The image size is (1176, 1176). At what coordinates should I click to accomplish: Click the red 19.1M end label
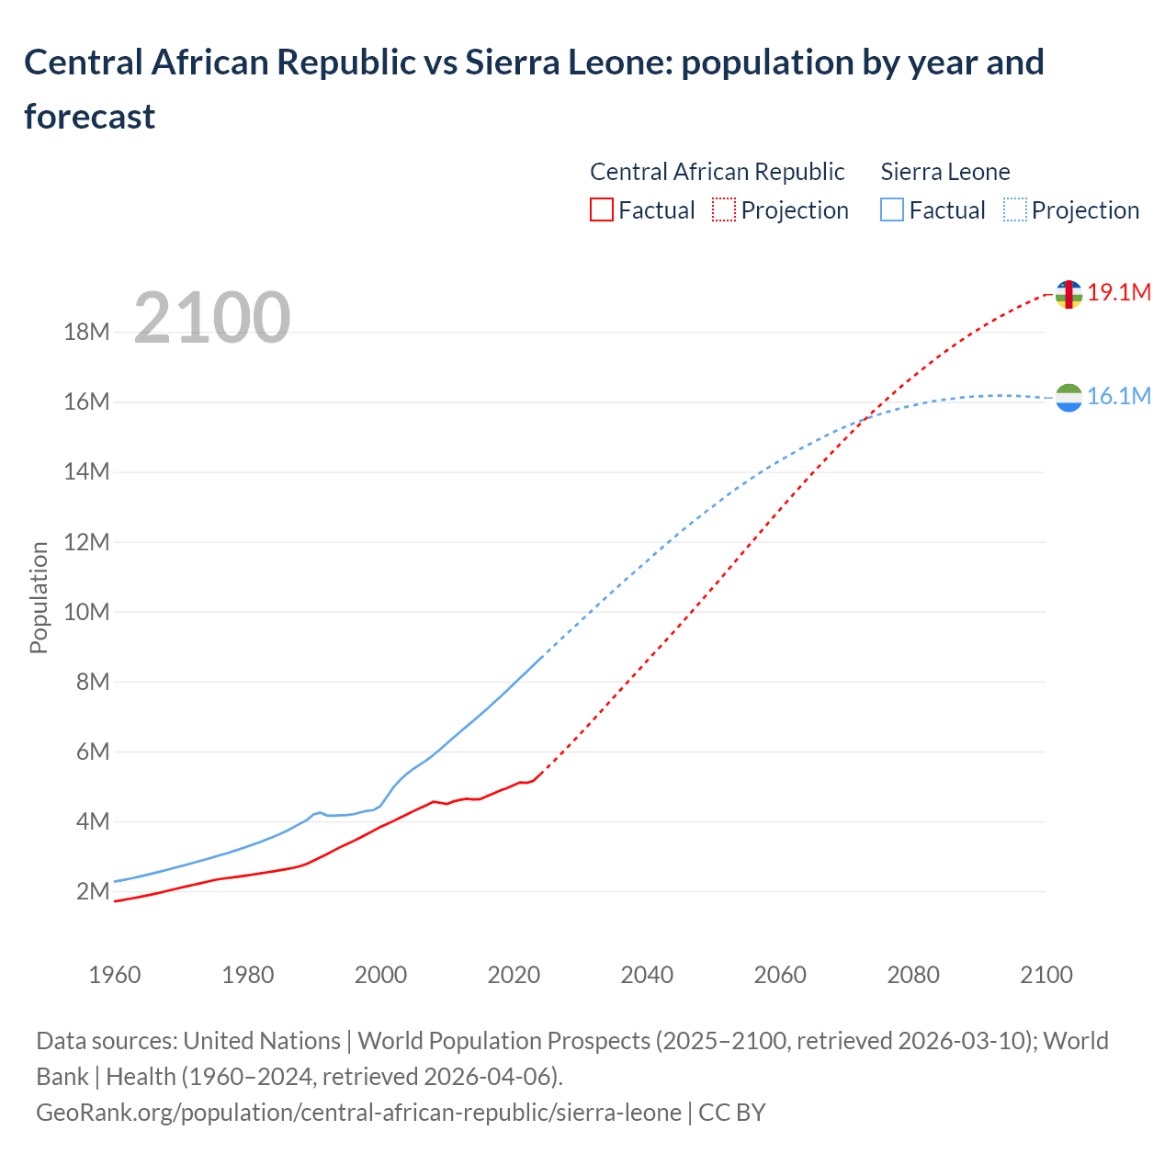coord(1119,292)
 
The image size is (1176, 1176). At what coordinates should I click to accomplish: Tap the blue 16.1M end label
coord(1119,396)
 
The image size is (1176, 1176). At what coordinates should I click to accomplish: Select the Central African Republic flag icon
coord(1069,294)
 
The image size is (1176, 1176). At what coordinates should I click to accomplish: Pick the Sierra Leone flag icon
coord(1069,398)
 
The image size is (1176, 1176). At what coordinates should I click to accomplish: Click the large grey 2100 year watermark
coord(212,318)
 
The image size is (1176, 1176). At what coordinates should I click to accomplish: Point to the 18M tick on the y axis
coord(87,333)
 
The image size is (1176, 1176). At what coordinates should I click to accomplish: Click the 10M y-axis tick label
coord(87,612)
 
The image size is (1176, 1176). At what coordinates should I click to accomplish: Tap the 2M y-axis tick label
coord(93,891)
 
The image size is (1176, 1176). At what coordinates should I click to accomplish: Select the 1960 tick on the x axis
coord(115,975)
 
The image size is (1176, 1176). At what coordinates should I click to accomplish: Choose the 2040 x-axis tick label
coord(647,975)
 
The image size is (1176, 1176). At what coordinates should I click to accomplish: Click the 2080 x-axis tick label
coord(913,975)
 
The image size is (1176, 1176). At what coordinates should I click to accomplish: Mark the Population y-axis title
coord(39,597)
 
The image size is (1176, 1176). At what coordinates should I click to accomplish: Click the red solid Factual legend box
coord(601,210)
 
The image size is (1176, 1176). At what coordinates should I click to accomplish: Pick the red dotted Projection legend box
coord(724,210)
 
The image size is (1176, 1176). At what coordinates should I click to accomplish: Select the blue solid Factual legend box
coord(892,210)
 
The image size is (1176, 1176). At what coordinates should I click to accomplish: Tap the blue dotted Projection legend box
coord(1015,210)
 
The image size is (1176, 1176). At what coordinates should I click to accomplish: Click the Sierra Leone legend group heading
coord(944,172)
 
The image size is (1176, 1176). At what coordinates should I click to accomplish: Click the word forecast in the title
coord(90,117)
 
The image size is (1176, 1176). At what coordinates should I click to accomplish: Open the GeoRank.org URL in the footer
coord(358,1113)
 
